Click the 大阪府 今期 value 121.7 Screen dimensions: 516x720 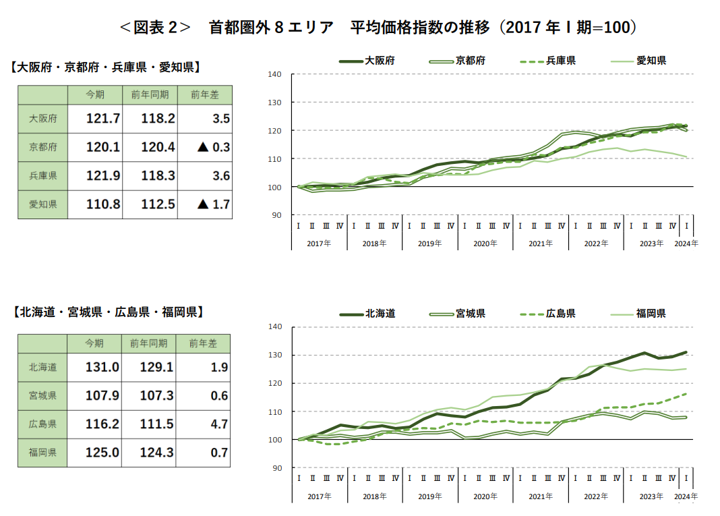(x=102, y=119)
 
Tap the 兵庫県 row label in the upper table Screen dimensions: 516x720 (x=42, y=176)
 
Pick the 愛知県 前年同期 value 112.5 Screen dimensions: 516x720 (x=158, y=204)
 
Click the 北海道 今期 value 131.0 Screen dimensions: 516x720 (x=102, y=368)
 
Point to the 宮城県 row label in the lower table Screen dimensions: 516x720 (x=42, y=396)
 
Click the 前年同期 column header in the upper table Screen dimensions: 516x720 (x=150, y=95)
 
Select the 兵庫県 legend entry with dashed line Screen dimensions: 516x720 (x=547, y=61)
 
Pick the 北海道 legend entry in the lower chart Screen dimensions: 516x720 (x=367, y=314)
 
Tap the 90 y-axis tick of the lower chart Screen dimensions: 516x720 (x=276, y=468)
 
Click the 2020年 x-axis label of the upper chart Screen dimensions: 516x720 (x=485, y=243)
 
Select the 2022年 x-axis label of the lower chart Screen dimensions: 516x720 (x=595, y=496)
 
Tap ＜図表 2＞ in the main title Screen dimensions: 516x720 (x=154, y=28)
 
